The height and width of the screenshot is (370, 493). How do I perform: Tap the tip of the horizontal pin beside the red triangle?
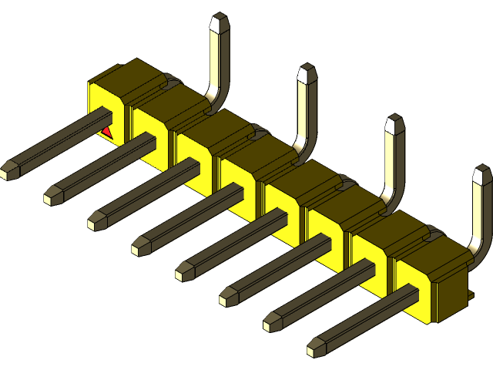click(9, 171)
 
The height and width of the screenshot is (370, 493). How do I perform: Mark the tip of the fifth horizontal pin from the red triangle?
click(183, 271)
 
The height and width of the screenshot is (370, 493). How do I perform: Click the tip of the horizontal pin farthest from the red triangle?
click(315, 348)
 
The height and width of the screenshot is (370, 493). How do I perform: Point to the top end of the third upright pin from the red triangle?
click(394, 124)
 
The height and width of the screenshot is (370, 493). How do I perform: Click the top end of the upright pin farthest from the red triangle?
click(481, 176)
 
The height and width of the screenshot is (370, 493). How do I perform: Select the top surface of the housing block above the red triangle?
click(123, 78)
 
